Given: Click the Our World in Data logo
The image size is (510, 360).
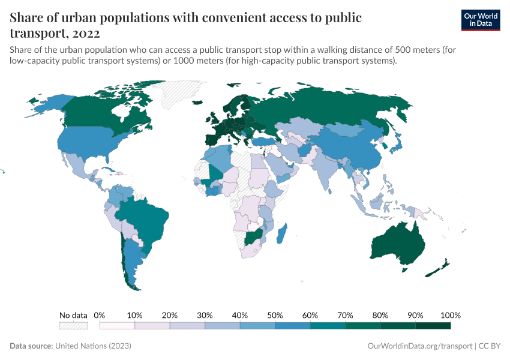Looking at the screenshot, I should point(480,20).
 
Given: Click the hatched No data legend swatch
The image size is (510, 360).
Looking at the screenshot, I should point(73,326).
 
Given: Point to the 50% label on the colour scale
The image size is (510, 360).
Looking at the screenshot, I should point(275,315).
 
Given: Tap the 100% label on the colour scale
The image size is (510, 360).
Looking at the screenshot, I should point(450,315).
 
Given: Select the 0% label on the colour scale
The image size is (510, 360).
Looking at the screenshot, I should point(100,315).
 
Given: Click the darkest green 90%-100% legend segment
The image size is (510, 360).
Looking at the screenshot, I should point(433,326).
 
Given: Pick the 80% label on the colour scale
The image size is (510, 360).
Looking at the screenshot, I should point(380,315).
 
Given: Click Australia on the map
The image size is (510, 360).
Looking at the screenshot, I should point(398,243).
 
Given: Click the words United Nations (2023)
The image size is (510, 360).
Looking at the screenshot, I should point(93,346).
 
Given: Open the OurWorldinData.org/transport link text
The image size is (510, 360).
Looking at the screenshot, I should point(419,346).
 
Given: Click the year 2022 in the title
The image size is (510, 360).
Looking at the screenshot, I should point(85,32).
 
